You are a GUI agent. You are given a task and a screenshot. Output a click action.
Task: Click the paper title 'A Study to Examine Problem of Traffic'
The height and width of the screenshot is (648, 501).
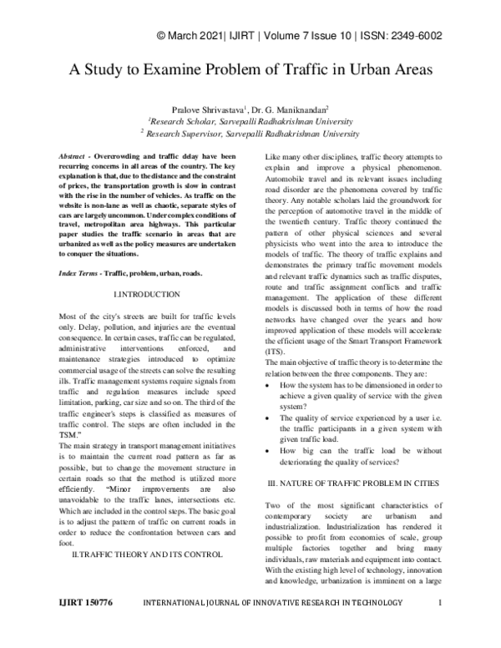250,71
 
